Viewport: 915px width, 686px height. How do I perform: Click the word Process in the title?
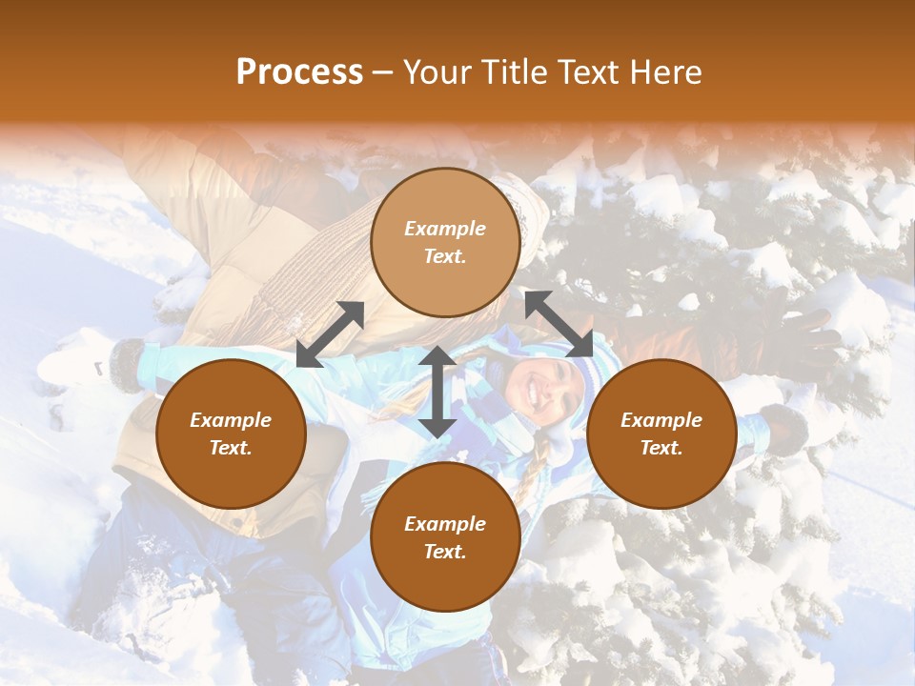299,72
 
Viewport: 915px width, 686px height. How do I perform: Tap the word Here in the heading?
665,72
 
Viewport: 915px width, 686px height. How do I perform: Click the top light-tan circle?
445,242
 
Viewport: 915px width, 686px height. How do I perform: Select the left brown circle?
231,434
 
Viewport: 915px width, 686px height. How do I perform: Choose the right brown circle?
661,434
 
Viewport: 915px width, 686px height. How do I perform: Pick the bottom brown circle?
445,537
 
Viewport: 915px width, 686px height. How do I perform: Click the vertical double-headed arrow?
437,392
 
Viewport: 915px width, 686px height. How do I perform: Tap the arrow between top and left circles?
330,334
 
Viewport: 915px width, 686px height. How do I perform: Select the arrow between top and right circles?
559,324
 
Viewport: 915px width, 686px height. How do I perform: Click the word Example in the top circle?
445,229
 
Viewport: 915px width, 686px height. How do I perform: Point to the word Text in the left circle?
231,448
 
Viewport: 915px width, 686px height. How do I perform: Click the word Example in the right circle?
661,420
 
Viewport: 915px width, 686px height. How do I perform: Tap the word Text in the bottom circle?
445,552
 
